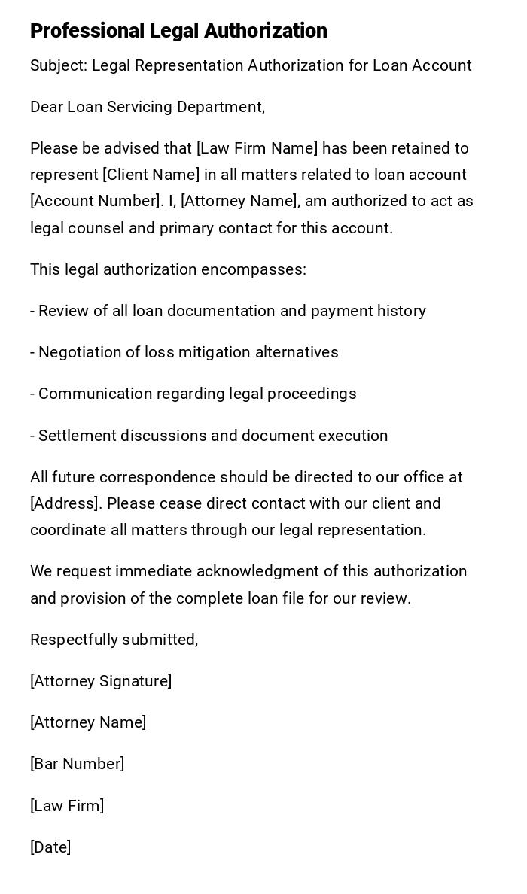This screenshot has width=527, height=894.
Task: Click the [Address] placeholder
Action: click(x=61, y=503)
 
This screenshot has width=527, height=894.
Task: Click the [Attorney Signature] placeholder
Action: click(x=101, y=681)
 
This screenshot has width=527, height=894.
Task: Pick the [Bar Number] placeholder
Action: click(x=78, y=764)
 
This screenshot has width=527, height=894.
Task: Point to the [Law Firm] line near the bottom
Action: click(x=67, y=806)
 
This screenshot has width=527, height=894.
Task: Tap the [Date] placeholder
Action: click(x=50, y=847)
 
